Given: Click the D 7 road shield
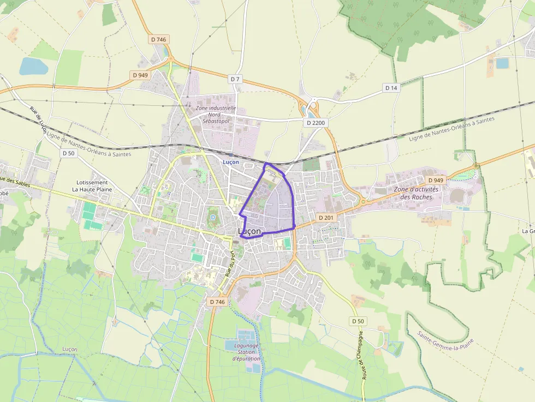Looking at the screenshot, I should tap(235, 79).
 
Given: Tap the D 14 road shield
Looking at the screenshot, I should tap(391, 87).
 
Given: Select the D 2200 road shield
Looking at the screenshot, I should tap(316, 123).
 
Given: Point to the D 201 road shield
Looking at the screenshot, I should tap(325, 218).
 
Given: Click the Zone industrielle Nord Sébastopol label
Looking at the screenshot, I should tap(216, 115).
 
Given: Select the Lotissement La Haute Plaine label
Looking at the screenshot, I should tap(92, 186).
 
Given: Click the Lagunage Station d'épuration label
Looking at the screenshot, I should tap(246, 352).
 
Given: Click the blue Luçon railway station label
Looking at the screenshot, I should tap(230, 162).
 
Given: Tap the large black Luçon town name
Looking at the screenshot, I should tap(249, 232).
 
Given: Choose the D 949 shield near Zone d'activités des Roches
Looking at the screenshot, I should tap(436, 180).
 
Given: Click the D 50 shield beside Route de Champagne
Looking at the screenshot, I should tap(357, 321).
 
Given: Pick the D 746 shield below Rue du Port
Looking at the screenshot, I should tap(217, 302).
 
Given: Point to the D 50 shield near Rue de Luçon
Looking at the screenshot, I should tap(68, 153).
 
